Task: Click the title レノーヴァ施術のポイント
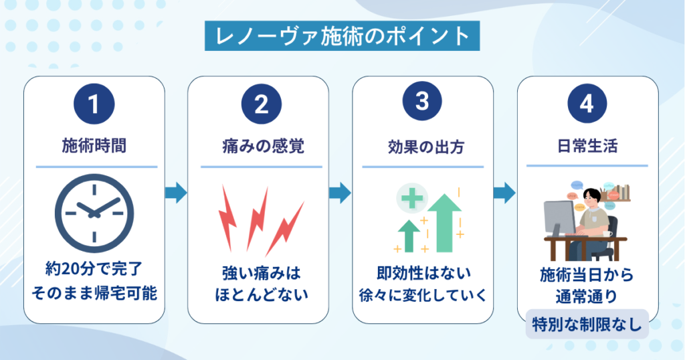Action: pos(342,36)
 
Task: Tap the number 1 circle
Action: pos(94,104)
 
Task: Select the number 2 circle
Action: pos(262,104)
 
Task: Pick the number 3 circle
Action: pos(422,101)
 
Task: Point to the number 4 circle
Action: pos(587,104)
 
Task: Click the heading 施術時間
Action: pos(94,145)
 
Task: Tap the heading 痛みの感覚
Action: pos(263,146)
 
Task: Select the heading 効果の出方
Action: pos(425,147)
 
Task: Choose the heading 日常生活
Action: pos(587,145)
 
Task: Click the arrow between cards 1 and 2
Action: pos(177,193)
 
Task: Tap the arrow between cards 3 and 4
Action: pos(504,193)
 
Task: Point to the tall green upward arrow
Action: pos(444,223)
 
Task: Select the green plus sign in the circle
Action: pos(412,199)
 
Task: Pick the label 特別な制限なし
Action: pos(587,324)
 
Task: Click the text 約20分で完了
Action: pos(94,269)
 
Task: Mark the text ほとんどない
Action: pos(262,294)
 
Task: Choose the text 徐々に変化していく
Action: pos(423,295)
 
